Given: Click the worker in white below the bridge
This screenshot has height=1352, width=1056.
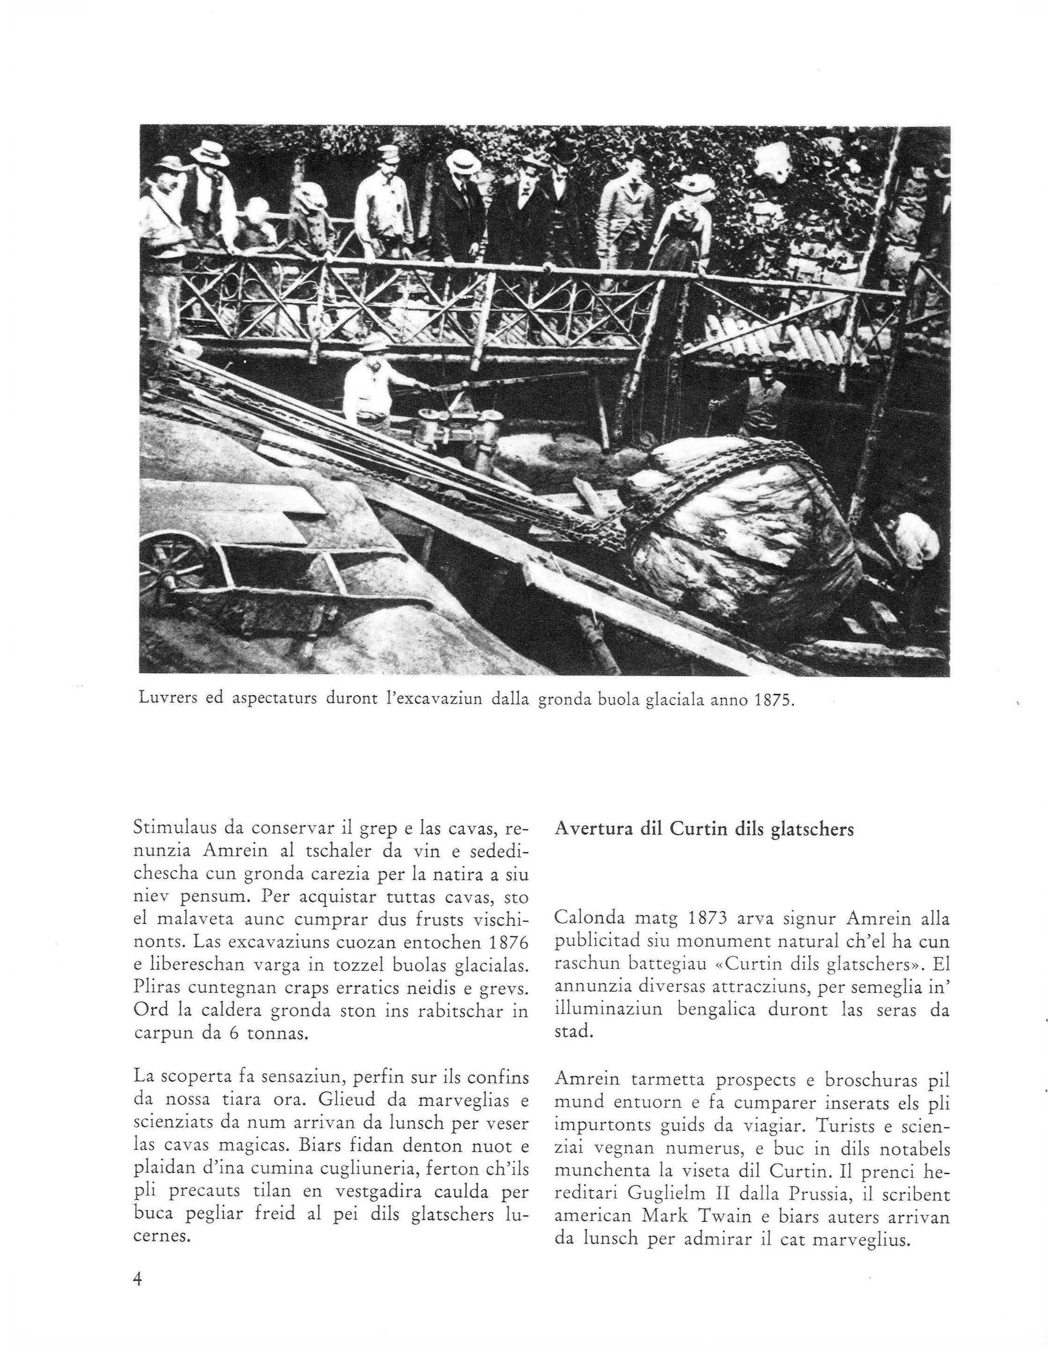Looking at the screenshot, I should click(368, 390).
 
